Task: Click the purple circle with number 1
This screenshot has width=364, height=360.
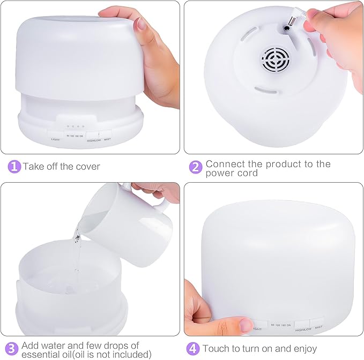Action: (x=15, y=167)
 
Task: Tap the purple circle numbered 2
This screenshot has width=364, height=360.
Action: (x=196, y=167)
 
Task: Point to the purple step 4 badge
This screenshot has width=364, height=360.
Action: (x=193, y=349)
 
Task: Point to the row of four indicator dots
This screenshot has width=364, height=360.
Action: (x=75, y=127)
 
